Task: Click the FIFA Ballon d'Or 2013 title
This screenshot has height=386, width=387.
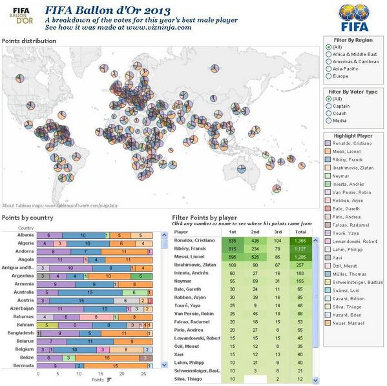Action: click(x=107, y=10)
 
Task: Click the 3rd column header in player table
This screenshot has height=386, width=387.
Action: click(x=278, y=230)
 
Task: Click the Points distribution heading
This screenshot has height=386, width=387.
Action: click(x=28, y=41)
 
